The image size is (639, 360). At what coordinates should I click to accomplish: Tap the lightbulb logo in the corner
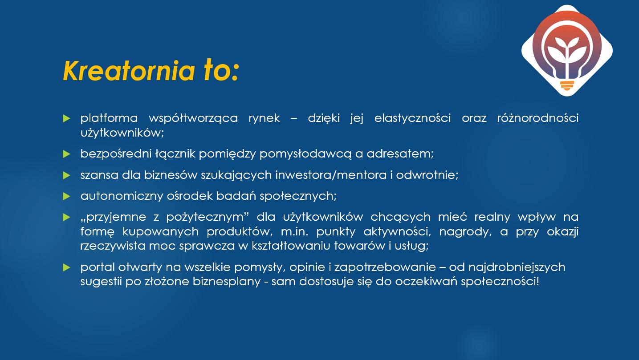[567, 50]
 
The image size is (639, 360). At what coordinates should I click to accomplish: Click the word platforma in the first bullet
[108, 118]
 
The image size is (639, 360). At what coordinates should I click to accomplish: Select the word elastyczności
[412, 118]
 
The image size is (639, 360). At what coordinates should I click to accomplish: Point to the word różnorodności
[537, 118]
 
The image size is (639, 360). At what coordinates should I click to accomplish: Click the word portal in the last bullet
[97, 267]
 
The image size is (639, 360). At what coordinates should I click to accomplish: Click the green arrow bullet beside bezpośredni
[67, 154]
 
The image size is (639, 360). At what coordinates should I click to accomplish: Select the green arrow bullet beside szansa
[67, 175]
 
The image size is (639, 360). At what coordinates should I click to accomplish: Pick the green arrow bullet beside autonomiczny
[67, 196]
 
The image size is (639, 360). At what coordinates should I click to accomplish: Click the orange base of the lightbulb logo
[567, 85]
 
